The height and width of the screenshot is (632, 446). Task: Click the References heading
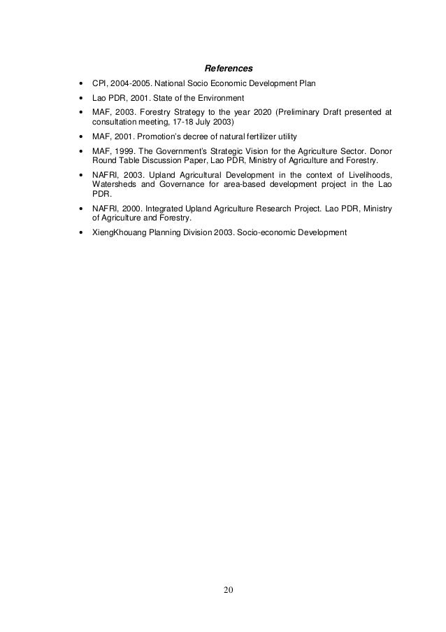[x=227, y=69]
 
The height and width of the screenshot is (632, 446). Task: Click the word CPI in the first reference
[x=100, y=84]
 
